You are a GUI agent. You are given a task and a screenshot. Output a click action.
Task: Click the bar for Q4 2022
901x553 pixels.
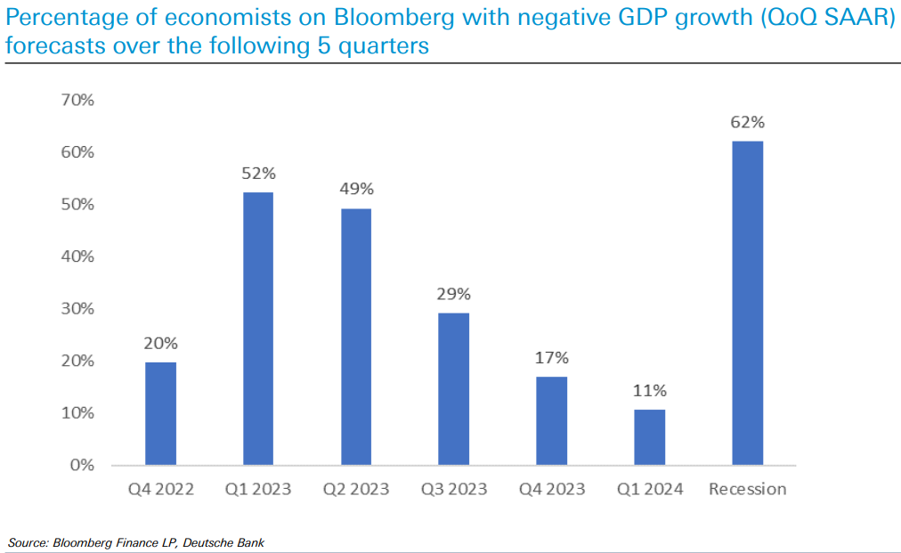(x=160, y=413)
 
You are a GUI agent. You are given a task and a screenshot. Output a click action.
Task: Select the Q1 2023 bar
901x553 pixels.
(x=258, y=329)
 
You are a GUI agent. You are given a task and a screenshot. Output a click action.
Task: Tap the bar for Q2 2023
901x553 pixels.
(x=356, y=337)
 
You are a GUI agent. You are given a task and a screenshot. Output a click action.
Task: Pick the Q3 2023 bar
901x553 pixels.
(x=454, y=389)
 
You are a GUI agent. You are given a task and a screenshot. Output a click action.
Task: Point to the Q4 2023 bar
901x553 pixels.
(x=552, y=420)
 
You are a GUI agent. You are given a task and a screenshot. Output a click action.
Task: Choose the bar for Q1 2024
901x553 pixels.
(x=649, y=436)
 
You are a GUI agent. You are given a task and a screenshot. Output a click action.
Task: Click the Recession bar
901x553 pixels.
(x=747, y=303)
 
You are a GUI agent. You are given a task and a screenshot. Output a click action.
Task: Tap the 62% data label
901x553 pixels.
(x=747, y=123)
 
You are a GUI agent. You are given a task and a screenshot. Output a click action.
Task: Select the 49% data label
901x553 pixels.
(x=356, y=190)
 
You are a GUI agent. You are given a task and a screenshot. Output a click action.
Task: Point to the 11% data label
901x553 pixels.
(x=649, y=390)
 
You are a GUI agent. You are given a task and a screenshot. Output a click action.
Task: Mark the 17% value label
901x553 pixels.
(x=552, y=358)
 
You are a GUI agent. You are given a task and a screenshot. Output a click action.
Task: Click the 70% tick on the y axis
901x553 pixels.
(x=77, y=100)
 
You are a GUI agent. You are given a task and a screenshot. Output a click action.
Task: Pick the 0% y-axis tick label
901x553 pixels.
(x=81, y=465)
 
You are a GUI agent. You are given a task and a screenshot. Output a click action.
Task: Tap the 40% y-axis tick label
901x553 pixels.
(x=77, y=256)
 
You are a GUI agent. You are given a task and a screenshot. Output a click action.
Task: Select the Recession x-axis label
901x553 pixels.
(x=747, y=489)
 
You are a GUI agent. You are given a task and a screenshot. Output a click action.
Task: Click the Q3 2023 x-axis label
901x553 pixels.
(x=454, y=489)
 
